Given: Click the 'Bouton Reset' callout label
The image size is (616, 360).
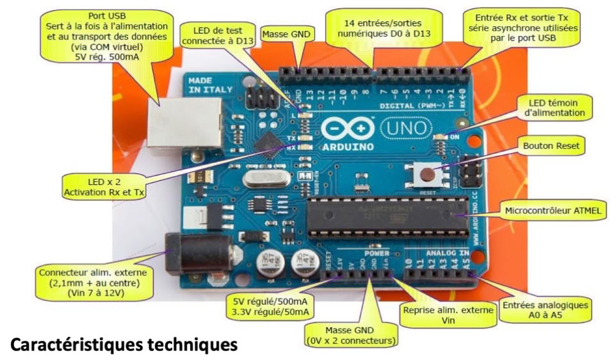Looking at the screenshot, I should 551,146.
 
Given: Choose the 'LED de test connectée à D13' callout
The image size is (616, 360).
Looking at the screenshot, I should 217,36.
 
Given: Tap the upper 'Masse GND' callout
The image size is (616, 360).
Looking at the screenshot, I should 289,33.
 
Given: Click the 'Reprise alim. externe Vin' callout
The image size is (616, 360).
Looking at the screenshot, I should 447,315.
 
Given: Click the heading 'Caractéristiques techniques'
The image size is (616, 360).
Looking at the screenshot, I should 125,345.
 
